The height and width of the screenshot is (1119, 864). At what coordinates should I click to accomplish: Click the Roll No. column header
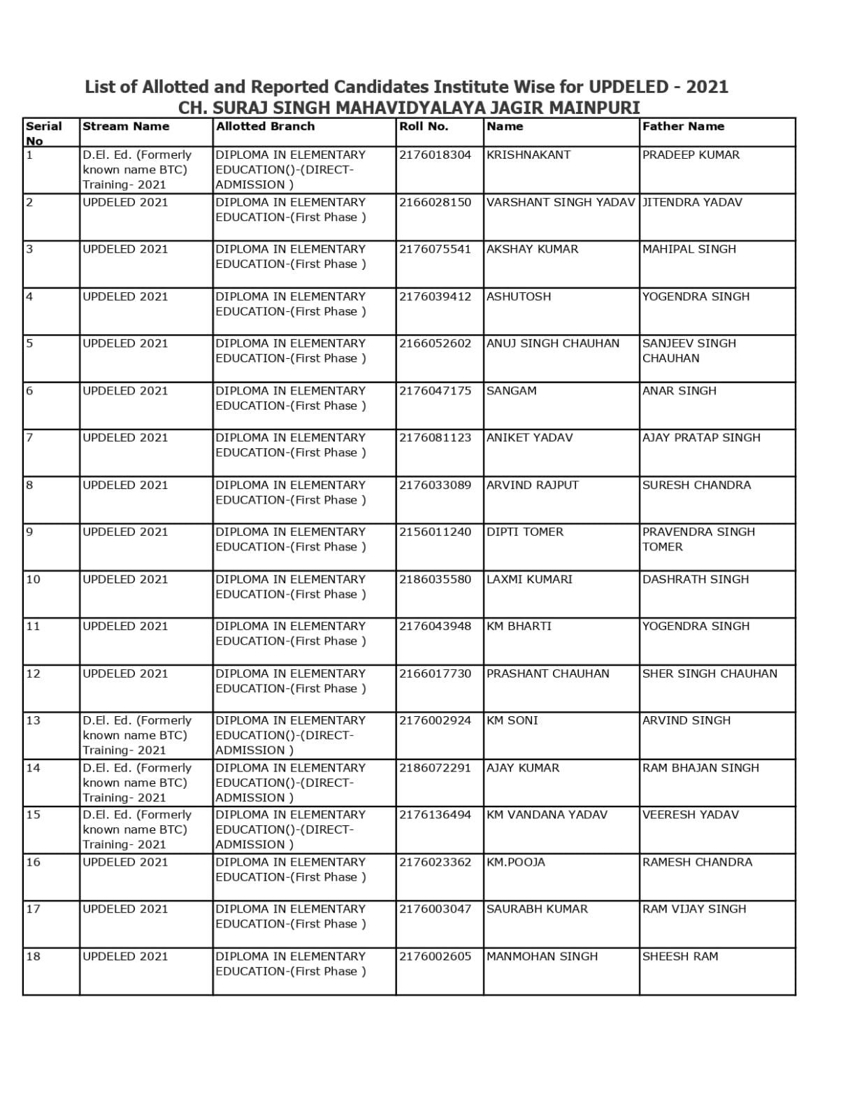[x=424, y=127]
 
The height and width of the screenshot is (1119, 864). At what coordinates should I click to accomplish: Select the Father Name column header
[x=683, y=127]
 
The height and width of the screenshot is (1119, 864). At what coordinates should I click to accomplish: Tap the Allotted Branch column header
[x=265, y=127]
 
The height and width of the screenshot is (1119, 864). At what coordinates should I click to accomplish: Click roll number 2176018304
[x=435, y=155]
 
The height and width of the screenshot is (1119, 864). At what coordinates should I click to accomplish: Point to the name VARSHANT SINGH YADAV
[x=561, y=202]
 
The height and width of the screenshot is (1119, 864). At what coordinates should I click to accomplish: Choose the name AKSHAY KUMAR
[x=532, y=249]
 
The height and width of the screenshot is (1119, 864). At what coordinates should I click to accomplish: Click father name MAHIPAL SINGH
[x=689, y=249]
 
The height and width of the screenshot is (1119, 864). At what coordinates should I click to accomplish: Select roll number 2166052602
[x=435, y=343]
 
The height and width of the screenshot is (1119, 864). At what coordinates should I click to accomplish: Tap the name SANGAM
[x=511, y=391]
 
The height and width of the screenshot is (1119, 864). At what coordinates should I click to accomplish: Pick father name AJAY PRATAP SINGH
[x=701, y=438]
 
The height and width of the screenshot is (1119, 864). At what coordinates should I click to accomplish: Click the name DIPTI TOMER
[x=524, y=532]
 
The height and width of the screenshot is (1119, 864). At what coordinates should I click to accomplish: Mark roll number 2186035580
[x=435, y=579]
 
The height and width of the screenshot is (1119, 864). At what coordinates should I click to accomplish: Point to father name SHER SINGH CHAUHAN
[x=710, y=673]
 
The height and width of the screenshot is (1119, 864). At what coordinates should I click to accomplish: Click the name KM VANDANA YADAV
[x=547, y=815]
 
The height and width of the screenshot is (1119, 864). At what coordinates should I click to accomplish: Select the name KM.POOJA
[x=515, y=862]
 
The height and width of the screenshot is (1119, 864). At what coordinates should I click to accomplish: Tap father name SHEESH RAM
[x=680, y=957]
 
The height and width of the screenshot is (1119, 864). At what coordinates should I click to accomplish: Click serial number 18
[x=33, y=957]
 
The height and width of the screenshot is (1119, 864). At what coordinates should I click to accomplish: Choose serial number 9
[x=29, y=532]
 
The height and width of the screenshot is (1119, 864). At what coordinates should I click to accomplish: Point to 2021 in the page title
[x=707, y=87]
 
